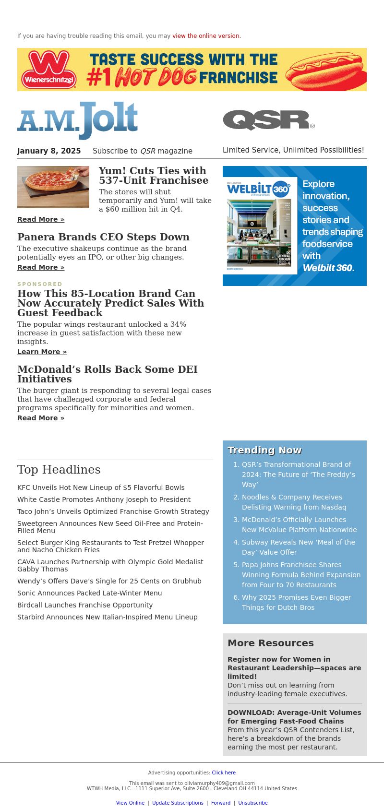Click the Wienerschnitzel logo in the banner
click(49, 70)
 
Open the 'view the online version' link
click(206, 36)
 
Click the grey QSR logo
click(268, 120)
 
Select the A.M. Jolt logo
click(78, 120)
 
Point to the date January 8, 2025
click(49, 151)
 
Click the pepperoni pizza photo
click(53, 187)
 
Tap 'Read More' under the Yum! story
click(41, 219)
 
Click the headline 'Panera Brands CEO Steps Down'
click(103, 237)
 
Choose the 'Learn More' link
click(42, 352)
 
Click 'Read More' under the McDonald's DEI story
click(41, 418)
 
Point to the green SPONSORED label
click(40, 284)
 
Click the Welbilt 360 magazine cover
click(260, 226)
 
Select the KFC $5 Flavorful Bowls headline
click(101, 487)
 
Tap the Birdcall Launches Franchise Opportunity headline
click(85, 605)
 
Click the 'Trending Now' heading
click(264, 450)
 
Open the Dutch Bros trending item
click(296, 602)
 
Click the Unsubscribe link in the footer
click(253, 803)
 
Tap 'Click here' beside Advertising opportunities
click(224, 772)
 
